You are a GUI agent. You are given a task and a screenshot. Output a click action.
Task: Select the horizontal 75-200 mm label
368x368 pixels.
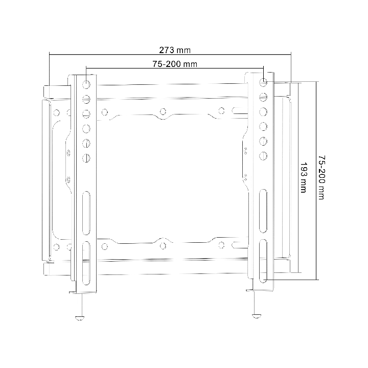[175, 64]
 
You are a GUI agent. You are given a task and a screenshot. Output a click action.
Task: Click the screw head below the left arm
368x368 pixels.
[80, 317]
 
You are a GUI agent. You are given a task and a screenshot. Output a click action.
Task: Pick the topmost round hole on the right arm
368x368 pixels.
[263, 82]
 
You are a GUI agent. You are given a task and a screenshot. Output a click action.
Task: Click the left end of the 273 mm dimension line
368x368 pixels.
[49, 53]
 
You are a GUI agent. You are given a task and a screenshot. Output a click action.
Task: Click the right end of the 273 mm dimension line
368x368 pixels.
[291, 53]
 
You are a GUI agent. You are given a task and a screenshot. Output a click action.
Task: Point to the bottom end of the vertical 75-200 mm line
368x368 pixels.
[317, 280]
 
